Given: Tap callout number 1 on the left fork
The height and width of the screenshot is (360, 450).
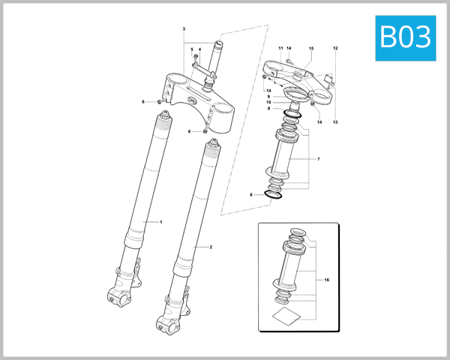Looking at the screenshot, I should [160, 222].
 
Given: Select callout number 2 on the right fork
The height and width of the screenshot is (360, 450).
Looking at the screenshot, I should [211, 247].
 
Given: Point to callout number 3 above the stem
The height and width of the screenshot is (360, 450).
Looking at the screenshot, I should [183, 28].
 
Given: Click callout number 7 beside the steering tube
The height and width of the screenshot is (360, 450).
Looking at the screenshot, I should [318, 160].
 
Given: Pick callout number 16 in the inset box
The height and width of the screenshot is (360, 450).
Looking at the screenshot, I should [327, 279].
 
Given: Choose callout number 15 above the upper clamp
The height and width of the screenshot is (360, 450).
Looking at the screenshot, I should [311, 49].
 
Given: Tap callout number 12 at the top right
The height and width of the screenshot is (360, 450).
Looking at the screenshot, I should [335, 49].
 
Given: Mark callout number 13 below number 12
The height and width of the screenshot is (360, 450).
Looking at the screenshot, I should [335, 121].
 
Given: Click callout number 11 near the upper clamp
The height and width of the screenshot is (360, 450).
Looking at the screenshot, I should [280, 49].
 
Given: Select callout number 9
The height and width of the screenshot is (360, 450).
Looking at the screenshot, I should [268, 96].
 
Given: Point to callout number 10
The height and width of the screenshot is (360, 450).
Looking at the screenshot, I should [268, 103].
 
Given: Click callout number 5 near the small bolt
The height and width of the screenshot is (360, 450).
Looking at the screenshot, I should [192, 49].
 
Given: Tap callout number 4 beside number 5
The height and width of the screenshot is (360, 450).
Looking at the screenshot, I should [199, 49].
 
